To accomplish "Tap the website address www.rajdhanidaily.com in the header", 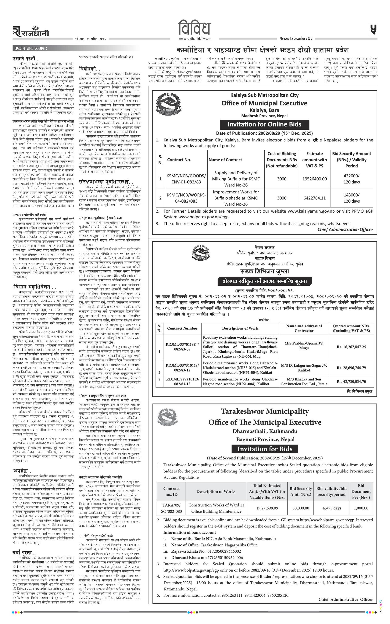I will (195, 39).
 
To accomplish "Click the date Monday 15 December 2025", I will (296, 39).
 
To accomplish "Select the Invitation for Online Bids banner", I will (264, 125).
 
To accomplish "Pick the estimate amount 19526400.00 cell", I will (314, 179).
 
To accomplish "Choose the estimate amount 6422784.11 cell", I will (314, 198).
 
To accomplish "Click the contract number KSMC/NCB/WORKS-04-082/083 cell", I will (186, 198).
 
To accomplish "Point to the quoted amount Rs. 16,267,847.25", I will (351, 347).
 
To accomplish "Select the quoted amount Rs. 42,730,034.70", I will (351, 381).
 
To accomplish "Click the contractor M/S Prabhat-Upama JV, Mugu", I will (304, 345).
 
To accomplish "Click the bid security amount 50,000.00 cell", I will (301, 508).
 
